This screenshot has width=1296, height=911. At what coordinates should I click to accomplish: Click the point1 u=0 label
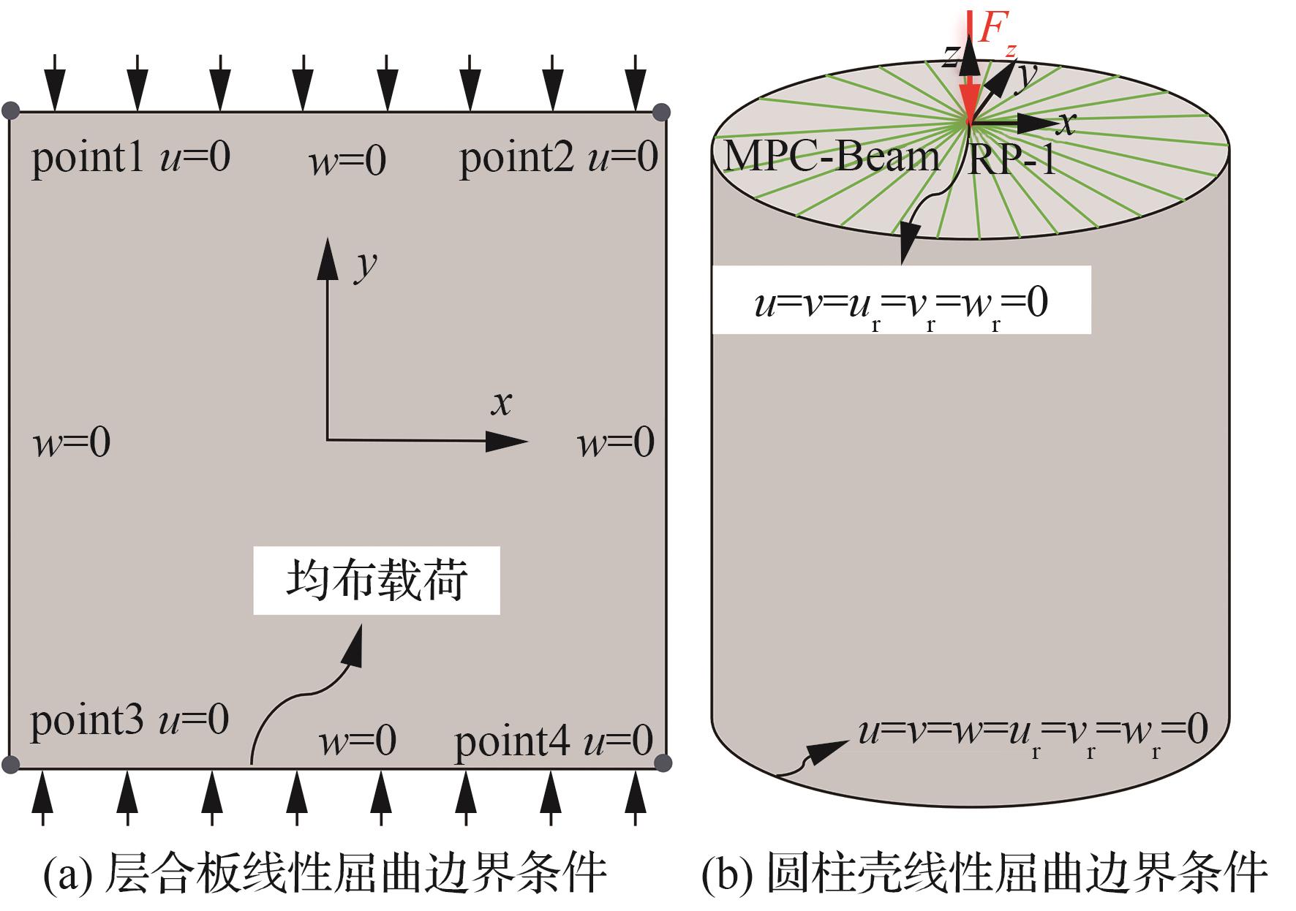point(131,157)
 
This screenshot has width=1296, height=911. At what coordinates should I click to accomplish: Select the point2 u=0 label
point(559,157)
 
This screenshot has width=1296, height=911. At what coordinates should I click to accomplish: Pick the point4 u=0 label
point(554,741)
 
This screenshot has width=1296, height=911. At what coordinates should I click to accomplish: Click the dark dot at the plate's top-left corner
point(10,111)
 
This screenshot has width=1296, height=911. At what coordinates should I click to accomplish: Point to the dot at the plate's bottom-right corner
point(662,763)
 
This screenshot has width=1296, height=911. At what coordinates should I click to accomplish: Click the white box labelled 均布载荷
point(377,581)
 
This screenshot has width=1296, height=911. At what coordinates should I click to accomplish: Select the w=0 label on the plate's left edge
point(72,442)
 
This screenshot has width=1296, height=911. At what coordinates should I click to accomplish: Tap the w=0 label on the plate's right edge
point(617,443)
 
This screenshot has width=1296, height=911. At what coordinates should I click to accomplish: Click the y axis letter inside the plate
point(366,265)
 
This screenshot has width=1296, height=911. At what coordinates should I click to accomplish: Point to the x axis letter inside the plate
point(502,403)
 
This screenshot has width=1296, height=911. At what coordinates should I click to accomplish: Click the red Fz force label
point(996,32)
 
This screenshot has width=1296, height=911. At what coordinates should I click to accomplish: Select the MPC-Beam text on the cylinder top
point(831,156)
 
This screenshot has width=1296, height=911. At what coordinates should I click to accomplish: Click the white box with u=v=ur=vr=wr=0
point(901,300)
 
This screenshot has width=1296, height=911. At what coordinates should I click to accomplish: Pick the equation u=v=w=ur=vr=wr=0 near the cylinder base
point(1033,731)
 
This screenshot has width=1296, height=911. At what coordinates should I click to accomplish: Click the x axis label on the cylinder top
point(1067,123)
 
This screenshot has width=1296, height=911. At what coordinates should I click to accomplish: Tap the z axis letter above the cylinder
point(950,55)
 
